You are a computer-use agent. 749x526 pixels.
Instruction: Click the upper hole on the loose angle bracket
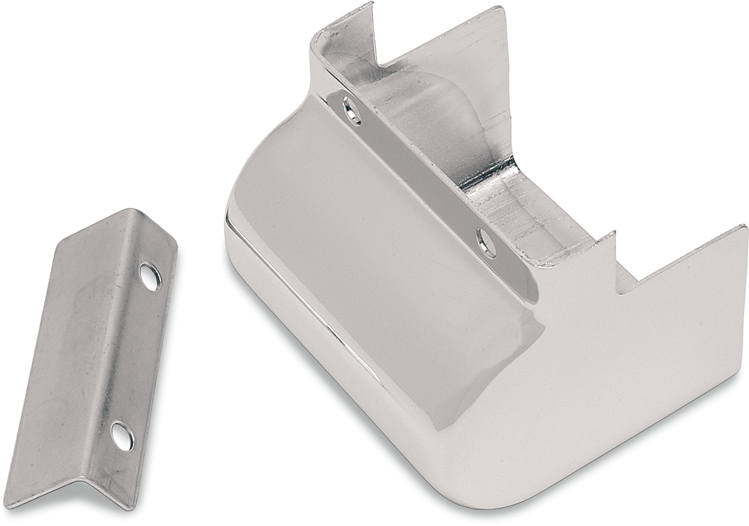(x=150, y=277)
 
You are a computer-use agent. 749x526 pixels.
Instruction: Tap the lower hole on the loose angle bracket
(x=122, y=435)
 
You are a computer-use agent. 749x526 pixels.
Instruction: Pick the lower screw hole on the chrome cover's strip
(x=486, y=242)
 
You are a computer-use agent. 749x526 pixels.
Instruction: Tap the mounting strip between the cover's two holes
(x=418, y=175)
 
